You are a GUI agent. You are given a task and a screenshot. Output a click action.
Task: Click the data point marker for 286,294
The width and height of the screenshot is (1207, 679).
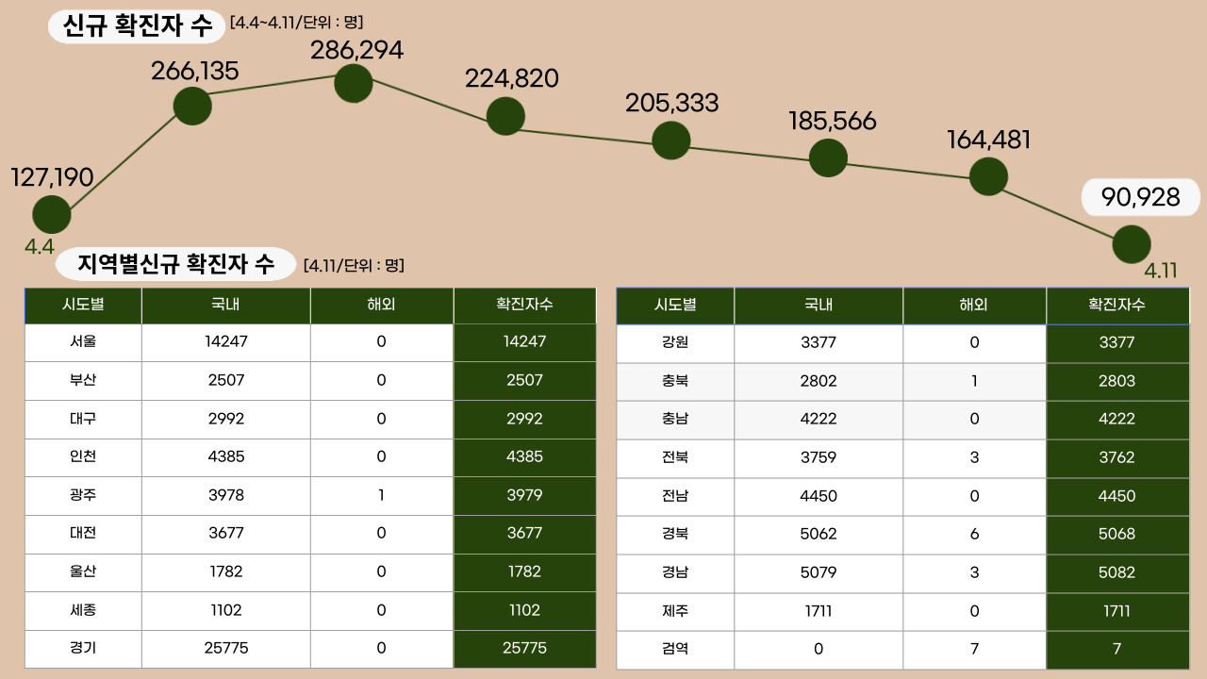click(x=354, y=84)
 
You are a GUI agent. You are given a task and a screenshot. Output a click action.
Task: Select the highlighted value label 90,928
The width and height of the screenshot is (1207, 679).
click(x=1141, y=197)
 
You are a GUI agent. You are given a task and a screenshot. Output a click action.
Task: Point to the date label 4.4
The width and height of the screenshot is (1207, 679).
click(x=40, y=248)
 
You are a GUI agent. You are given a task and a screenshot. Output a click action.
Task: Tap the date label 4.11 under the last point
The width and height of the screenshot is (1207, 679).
click(x=1161, y=271)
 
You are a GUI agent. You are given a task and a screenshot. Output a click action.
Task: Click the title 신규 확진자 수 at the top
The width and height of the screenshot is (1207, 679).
click(x=138, y=26)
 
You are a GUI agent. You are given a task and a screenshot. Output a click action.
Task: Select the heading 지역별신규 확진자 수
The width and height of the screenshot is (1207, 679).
click(x=175, y=264)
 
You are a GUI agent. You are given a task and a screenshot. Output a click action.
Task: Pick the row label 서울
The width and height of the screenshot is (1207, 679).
click(x=83, y=342)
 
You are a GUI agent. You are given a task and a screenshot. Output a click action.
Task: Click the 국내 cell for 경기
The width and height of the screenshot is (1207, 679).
click(x=226, y=648)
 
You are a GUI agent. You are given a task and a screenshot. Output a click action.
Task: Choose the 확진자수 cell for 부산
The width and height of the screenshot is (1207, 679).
click(x=524, y=380)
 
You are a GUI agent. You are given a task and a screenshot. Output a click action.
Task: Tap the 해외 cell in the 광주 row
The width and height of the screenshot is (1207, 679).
click(x=381, y=495)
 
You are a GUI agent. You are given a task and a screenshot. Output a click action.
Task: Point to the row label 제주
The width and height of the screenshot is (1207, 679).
click(x=675, y=611)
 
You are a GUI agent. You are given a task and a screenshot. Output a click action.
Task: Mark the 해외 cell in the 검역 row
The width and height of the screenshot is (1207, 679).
click(x=974, y=649)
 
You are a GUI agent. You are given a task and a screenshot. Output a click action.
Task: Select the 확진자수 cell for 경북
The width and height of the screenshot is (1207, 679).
click(x=1117, y=534)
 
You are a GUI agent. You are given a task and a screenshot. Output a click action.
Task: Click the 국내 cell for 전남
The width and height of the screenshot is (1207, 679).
click(x=818, y=496)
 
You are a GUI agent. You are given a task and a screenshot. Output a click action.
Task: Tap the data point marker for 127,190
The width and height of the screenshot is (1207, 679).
click(x=52, y=215)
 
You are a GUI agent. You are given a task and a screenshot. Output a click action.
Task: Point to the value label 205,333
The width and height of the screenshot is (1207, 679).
click(x=671, y=104)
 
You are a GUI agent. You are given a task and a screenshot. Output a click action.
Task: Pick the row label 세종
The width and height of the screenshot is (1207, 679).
click(x=83, y=610)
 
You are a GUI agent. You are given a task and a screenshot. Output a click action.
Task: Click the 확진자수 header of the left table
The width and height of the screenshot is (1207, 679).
click(x=524, y=305)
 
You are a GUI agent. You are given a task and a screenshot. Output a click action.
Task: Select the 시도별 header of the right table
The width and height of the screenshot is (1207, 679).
click(x=675, y=305)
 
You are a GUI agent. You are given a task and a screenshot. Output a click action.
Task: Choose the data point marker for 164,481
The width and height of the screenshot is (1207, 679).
click(x=988, y=176)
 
